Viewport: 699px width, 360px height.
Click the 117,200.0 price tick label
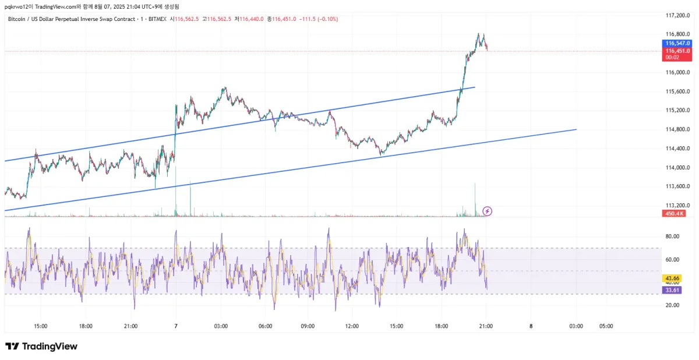click(x=677, y=15)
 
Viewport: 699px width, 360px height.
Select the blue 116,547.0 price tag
click(x=678, y=43)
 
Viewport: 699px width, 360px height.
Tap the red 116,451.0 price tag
click(x=678, y=51)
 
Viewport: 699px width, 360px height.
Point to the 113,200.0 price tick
click(x=677, y=206)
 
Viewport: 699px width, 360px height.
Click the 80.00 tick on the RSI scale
click(x=673, y=237)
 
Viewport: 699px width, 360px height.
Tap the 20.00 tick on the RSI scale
click(x=673, y=305)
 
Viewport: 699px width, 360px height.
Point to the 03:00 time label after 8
click(x=576, y=326)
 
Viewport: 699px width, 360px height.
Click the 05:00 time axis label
click(x=606, y=326)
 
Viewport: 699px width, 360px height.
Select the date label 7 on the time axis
click(x=175, y=326)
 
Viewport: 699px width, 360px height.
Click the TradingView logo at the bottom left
click(x=41, y=347)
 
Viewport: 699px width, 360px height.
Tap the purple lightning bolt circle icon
click(x=488, y=211)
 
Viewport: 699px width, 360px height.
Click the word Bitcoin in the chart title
click(x=17, y=19)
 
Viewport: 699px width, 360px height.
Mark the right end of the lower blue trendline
click(x=576, y=129)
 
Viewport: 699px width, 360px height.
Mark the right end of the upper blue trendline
click(x=475, y=87)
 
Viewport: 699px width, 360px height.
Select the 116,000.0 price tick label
click(x=677, y=72)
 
